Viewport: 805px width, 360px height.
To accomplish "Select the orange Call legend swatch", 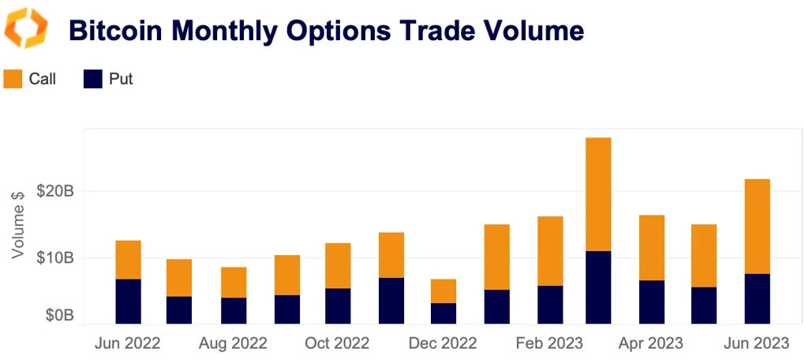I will point(13,79).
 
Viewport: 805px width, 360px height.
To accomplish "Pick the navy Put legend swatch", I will point(93,79).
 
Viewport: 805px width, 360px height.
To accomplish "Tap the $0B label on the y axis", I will point(59,316).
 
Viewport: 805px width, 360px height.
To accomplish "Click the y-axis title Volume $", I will point(20,224).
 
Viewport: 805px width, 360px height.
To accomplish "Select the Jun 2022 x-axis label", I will point(127,343).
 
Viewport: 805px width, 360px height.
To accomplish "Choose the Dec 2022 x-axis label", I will point(444,343).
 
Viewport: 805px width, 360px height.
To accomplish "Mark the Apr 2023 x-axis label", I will point(651,343).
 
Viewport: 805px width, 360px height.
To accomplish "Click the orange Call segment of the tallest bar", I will point(598,194).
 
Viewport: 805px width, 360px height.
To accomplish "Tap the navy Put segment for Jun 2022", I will point(128,302).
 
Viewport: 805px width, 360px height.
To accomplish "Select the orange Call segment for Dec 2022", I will point(444,291).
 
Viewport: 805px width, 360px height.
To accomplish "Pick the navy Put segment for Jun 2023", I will point(757,298).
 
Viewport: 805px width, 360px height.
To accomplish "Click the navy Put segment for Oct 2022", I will point(338,306).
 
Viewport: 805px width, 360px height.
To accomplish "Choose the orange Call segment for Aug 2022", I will point(234,283).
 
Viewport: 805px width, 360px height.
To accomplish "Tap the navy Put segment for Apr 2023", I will point(651,302).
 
